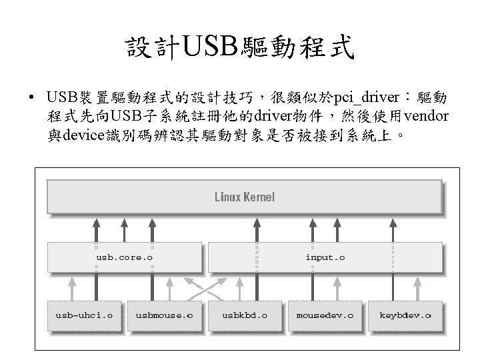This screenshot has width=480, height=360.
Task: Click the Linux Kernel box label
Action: click(x=245, y=197)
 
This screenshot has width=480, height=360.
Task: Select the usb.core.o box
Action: click(x=125, y=257)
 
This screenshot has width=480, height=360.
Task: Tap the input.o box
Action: click(x=325, y=257)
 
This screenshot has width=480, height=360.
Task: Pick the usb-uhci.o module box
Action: click(x=84, y=315)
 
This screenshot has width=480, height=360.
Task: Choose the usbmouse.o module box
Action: click(x=165, y=315)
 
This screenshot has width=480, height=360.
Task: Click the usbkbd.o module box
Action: click(x=245, y=315)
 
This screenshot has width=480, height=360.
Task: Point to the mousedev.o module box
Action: click(x=325, y=315)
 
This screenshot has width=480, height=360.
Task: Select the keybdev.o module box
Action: click(x=405, y=315)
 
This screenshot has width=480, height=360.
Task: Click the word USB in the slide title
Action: click(x=210, y=46)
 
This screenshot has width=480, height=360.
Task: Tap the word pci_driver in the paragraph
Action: click(x=366, y=97)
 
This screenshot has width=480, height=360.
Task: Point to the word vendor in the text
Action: click(x=426, y=116)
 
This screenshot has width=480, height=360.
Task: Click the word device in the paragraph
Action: click(x=83, y=135)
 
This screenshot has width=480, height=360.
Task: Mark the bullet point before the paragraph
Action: click(x=31, y=97)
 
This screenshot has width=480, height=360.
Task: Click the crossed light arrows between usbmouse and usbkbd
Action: click(x=205, y=289)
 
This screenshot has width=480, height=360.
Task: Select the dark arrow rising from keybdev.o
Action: click(x=393, y=259)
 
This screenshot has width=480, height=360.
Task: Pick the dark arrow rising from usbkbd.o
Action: click(x=257, y=259)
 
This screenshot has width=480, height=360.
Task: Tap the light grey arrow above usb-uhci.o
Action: click(x=72, y=289)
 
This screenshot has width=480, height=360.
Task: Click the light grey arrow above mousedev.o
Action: click(x=337, y=289)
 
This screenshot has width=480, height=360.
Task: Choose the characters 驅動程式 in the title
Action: click(x=297, y=47)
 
